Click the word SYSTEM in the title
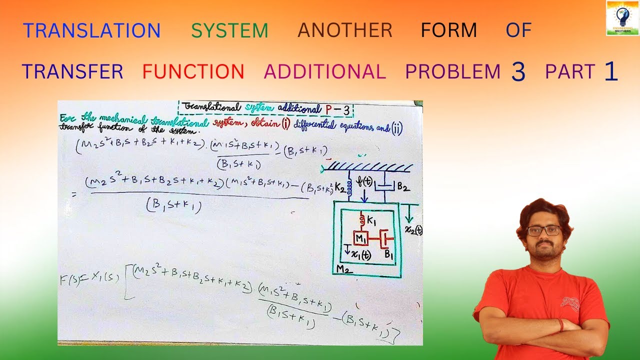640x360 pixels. click(229, 31)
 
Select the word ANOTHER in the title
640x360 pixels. click(345, 31)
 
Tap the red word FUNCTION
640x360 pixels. click(193, 71)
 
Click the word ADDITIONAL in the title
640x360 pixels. click(325, 71)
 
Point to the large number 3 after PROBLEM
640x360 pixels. click(518, 72)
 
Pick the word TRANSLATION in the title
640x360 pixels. click(91, 31)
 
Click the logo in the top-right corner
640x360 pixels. click(622, 17)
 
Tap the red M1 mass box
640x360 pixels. click(360, 238)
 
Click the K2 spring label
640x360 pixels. click(339, 187)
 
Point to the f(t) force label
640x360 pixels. click(364, 182)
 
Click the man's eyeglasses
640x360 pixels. click(544, 230)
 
